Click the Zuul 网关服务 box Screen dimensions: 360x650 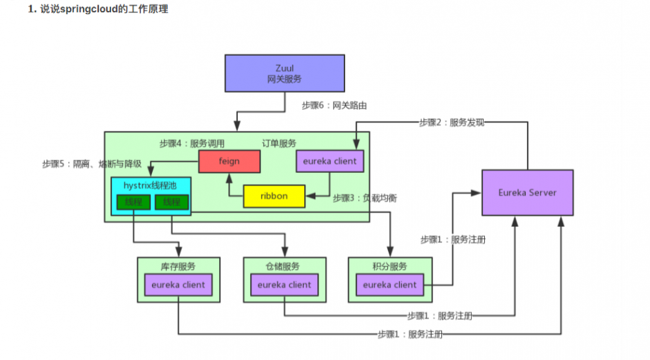pos(285,73)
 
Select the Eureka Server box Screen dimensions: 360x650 pos(527,192)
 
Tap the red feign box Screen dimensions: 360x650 pos(229,161)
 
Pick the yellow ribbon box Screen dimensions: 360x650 pos(274,196)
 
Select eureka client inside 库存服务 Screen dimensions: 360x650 pos(178,285)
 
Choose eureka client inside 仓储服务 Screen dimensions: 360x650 pos(284,285)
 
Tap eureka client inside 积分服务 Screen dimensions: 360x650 pos(390,285)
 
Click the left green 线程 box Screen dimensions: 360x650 pos(133,202)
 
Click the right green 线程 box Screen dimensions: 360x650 pos(172,202)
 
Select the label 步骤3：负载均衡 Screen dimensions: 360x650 pos(365,198)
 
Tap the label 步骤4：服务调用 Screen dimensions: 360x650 pos(192,143)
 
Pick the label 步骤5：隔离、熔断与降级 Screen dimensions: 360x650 pos(92,164)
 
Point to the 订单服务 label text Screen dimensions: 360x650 pos(279,143)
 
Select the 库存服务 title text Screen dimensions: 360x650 pos(177,266)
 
